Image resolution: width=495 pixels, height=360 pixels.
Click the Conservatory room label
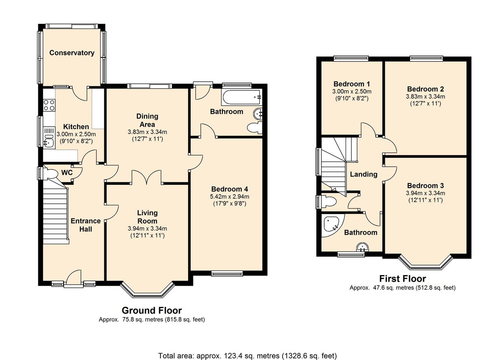tap(72, 53)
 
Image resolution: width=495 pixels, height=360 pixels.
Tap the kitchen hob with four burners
tap(49, 105)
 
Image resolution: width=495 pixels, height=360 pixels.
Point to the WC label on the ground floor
tap(67, 172)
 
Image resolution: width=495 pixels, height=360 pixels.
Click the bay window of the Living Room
tap(147, 290)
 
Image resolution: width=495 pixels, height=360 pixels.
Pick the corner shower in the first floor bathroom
tap(332, 224)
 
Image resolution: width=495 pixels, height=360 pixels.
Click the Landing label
tap(363, 174)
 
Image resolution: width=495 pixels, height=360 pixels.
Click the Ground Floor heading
tap(151, 311)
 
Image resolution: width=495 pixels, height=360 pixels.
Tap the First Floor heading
tap(403, 279)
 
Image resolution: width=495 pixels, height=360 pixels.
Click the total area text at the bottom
tap(247, 355)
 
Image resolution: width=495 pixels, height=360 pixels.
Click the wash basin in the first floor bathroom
tap(363, 247)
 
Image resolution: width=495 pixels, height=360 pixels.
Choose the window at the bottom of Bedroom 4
tap(226, 272)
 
